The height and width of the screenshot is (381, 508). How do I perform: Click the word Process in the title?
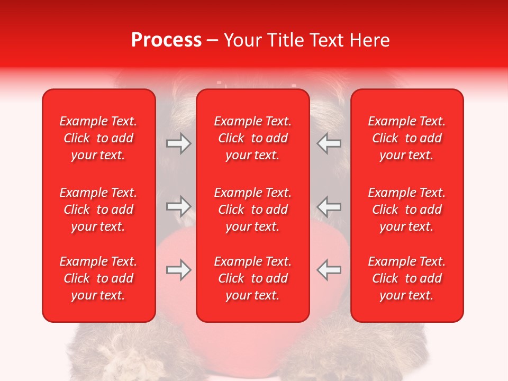coord(166,40)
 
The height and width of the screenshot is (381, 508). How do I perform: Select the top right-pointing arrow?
coord(178,143)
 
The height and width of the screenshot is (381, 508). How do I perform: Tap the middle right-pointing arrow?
coord(178,207)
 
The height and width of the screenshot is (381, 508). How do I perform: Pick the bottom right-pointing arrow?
coord(178,270)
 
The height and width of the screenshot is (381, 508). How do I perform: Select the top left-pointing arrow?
coord(329,143)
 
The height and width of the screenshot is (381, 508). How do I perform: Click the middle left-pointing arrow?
coord(329,207)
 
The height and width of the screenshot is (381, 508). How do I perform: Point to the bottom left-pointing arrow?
coord(329,270)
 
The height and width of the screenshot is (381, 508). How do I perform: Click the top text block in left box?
coord(98,138)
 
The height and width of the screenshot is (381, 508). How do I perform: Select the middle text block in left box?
coord(98,210)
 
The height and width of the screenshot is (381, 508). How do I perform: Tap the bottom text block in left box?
coord(98,278)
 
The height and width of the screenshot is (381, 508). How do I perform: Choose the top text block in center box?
coord(252,138)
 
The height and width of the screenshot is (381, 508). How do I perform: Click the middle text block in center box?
coord(252,210)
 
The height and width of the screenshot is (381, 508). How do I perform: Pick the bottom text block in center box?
coord(252,278)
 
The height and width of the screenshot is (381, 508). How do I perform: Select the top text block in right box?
coord(407,138)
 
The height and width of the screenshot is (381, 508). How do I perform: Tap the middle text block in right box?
coord(407,210)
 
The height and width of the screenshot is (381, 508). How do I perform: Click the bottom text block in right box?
coord(407,278)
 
